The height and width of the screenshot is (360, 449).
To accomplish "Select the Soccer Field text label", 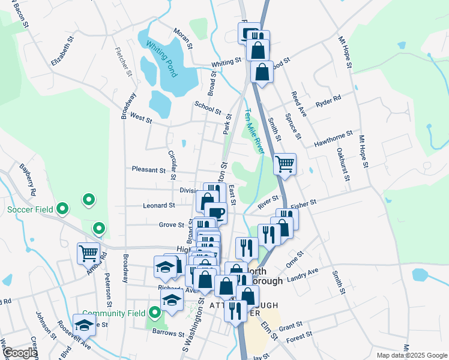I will (x=30, y=209).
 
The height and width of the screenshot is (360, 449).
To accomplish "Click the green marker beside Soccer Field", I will (x=62, y=209).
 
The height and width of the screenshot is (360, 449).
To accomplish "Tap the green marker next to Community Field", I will (x=155, y=313).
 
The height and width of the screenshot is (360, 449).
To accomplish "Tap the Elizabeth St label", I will (x=62, y=51).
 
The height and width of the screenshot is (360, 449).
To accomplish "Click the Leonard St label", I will (x=158, y=205).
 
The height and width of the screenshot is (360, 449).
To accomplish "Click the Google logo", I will (x=20, y=353).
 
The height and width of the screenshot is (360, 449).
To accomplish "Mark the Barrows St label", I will (x=167, y=333).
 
